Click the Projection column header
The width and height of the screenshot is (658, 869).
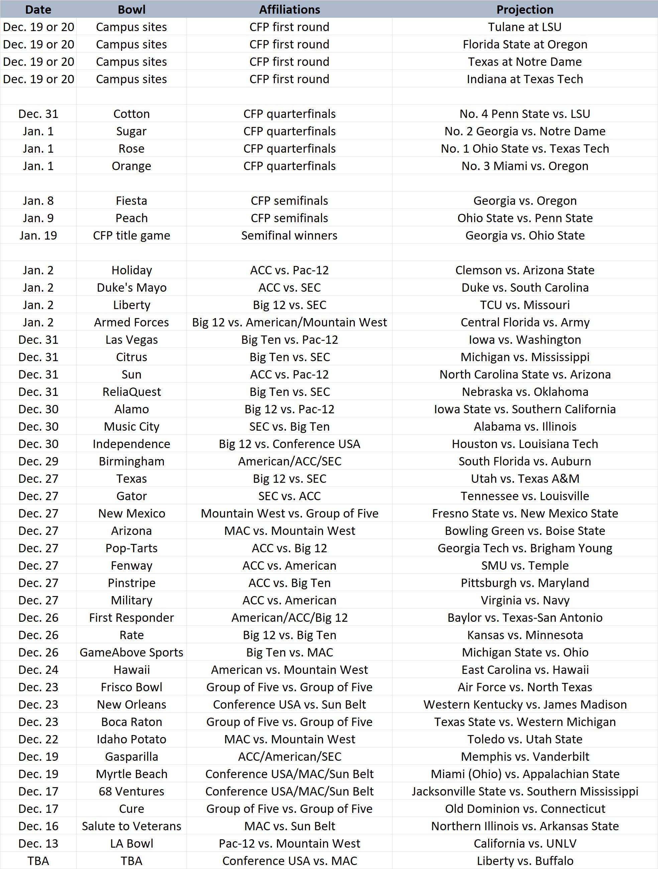tap(524, 9)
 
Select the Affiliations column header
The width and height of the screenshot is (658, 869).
tap(289, 9)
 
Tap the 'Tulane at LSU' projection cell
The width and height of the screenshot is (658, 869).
tap(524, 27)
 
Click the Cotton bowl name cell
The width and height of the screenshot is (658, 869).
tap(131, 114)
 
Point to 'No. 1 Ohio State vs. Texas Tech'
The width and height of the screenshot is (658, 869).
tap(524, 148)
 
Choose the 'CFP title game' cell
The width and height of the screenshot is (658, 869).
tap(131, 235)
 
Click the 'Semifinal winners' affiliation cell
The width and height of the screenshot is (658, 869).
tap(289, 235)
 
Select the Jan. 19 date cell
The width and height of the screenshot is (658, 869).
tap(38, 235)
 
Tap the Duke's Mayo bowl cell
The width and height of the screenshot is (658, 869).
tap(131, 288)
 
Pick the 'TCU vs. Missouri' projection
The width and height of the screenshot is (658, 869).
tap(524, 305)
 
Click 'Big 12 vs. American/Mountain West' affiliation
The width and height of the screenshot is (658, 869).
tap(289, 322)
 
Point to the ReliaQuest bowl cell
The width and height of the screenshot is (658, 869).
tap(131, 392)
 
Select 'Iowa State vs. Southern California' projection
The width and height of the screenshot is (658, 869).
tap(524, 409)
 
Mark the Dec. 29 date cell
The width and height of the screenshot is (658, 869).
tap(38, 461)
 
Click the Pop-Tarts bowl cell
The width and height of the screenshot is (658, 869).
tap(131, 548)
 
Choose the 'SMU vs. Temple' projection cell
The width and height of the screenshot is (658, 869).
tap(524, 565)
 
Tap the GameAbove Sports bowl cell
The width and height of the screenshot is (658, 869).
tap(131, 652)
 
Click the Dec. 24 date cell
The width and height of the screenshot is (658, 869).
tap(38, 670)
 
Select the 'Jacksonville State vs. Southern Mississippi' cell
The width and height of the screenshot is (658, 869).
tap(524, 791)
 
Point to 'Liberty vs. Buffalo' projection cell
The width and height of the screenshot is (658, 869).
tap(524, 861)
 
